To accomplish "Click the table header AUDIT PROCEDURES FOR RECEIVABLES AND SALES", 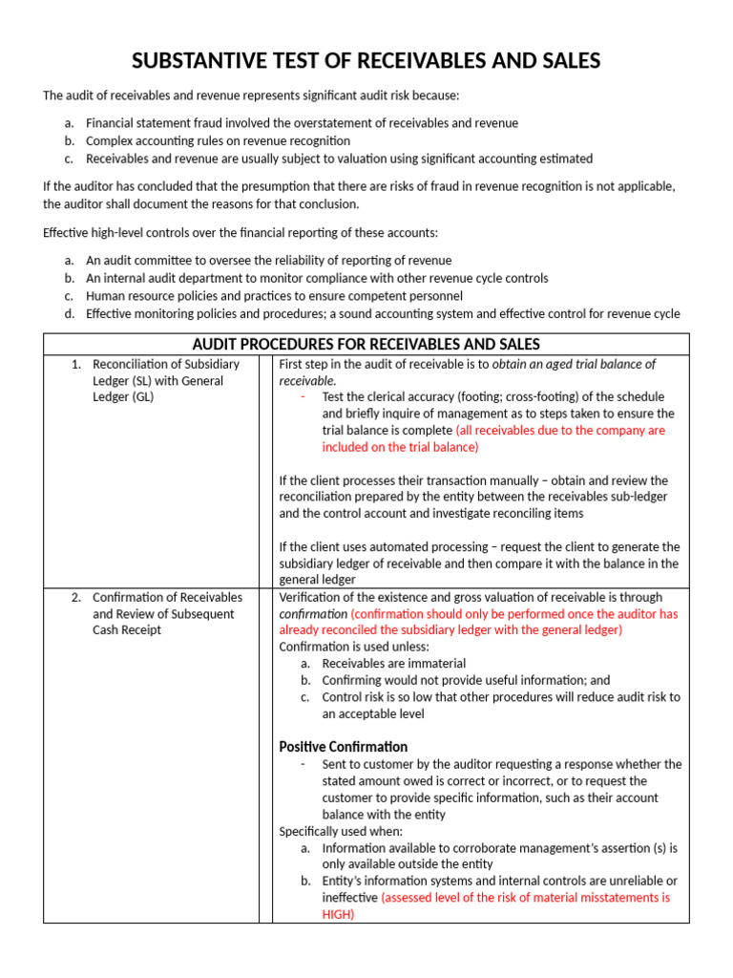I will click(x=366, y=344).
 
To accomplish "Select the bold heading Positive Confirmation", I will click(x=343, y=747).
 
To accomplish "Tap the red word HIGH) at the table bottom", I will click(x=338, y=914).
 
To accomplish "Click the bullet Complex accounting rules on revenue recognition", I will click(x=219, y=140).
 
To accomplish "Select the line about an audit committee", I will click(x=268, y=260).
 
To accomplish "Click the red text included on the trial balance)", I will click(x=401, y=446).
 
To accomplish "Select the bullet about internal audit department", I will click(x=317, y=278).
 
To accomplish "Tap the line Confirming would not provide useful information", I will click(x=466, y=680).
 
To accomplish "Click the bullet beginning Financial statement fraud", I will click(x=302, y=123).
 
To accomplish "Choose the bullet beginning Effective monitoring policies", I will click(x=382, y=313).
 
